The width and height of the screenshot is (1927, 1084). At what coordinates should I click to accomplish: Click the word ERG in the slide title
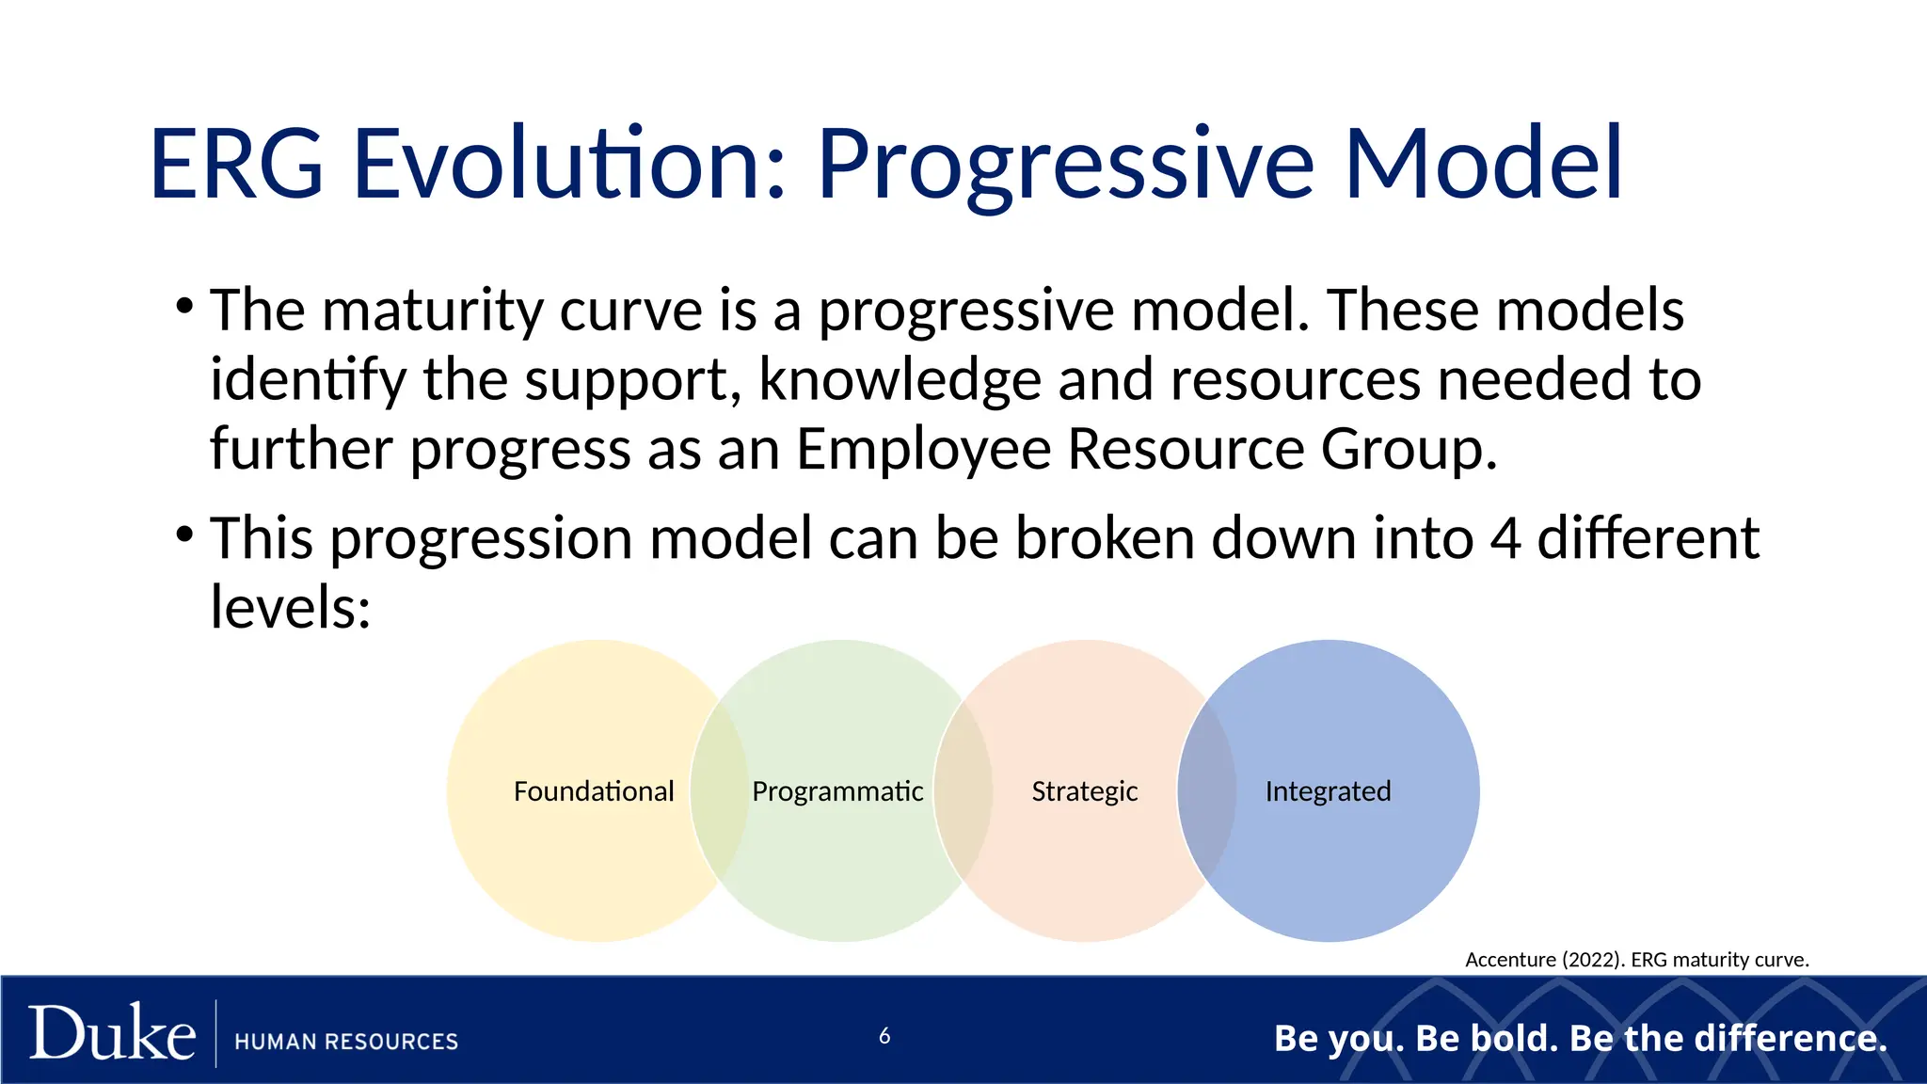click(237, 164)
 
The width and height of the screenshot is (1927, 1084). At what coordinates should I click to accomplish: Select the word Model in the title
click(1484, 164)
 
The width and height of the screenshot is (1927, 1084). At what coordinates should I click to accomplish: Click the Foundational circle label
click(594, 791)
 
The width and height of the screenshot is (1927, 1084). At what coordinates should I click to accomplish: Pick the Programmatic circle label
click(837, 792)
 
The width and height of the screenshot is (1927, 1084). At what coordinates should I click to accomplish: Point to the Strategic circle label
click(1085, 792)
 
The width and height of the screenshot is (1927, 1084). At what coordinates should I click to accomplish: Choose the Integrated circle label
click(1328, 792)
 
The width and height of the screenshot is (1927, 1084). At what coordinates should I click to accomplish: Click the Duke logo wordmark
click(112, 1032)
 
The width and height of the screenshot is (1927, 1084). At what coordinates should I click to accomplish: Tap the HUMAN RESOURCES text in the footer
click(346, 1042)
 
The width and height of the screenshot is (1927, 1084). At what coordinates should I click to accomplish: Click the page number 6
click(884, 1036)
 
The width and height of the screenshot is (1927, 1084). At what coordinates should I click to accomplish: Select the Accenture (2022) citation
click(1637, 960)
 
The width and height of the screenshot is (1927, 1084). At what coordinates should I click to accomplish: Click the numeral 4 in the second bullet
click(1505, 539)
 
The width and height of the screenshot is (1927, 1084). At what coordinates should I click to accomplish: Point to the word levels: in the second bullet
click(290, 607)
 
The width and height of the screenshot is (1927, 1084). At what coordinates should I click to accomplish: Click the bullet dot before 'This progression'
click(184, 534)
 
